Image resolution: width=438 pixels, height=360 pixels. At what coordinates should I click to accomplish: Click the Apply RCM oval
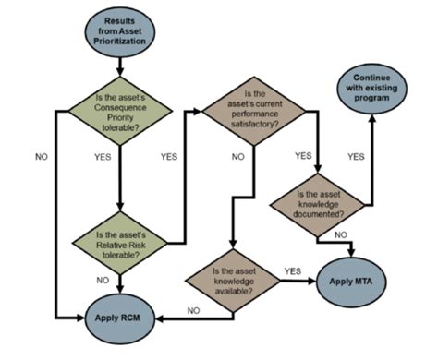(x=121, y=319)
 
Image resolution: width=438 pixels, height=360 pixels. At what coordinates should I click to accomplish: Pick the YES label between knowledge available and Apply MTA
(x=293, y=271)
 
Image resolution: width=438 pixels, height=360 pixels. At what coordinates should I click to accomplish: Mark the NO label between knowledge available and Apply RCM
(x=192, y=311)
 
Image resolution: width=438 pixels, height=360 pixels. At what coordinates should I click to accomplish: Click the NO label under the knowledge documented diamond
(x=339, y=235)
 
